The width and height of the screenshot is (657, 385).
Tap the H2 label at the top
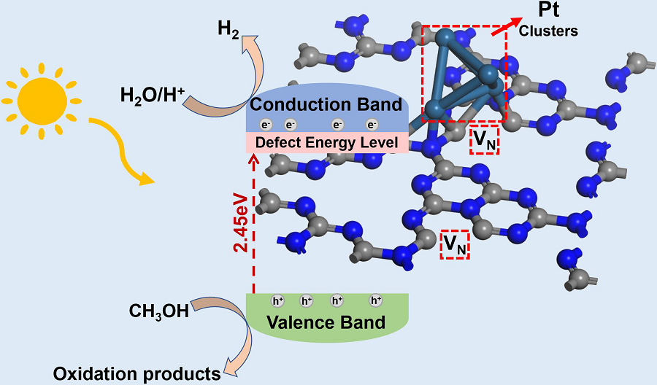click(x=228, y=30)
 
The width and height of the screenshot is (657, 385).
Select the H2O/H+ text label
click(x=152, y=95)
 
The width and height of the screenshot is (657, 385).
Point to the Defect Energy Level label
click(x=326, y=143)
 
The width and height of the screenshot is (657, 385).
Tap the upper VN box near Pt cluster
click(x=485, y=140)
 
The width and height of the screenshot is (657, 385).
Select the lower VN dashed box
click(x=455, y=246)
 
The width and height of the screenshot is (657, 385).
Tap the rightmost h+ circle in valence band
click(x=376, y=300)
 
